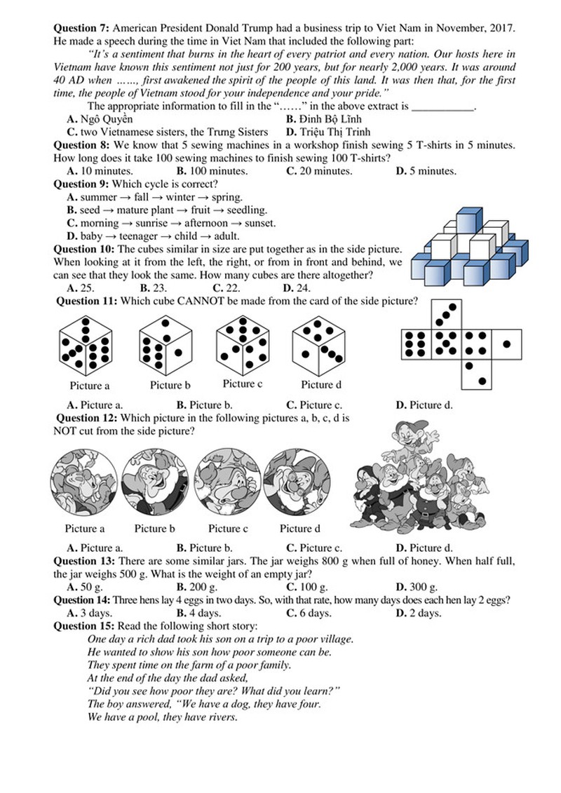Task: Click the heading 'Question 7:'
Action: [x=81, y=27]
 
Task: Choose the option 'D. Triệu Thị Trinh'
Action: [x=328, y=132]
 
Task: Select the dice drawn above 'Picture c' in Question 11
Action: [x=242, y=343]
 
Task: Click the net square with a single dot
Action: [x=506, y=344]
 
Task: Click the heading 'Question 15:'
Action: [x=84, y=625]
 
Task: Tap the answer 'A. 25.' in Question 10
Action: [x=81, y=287]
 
